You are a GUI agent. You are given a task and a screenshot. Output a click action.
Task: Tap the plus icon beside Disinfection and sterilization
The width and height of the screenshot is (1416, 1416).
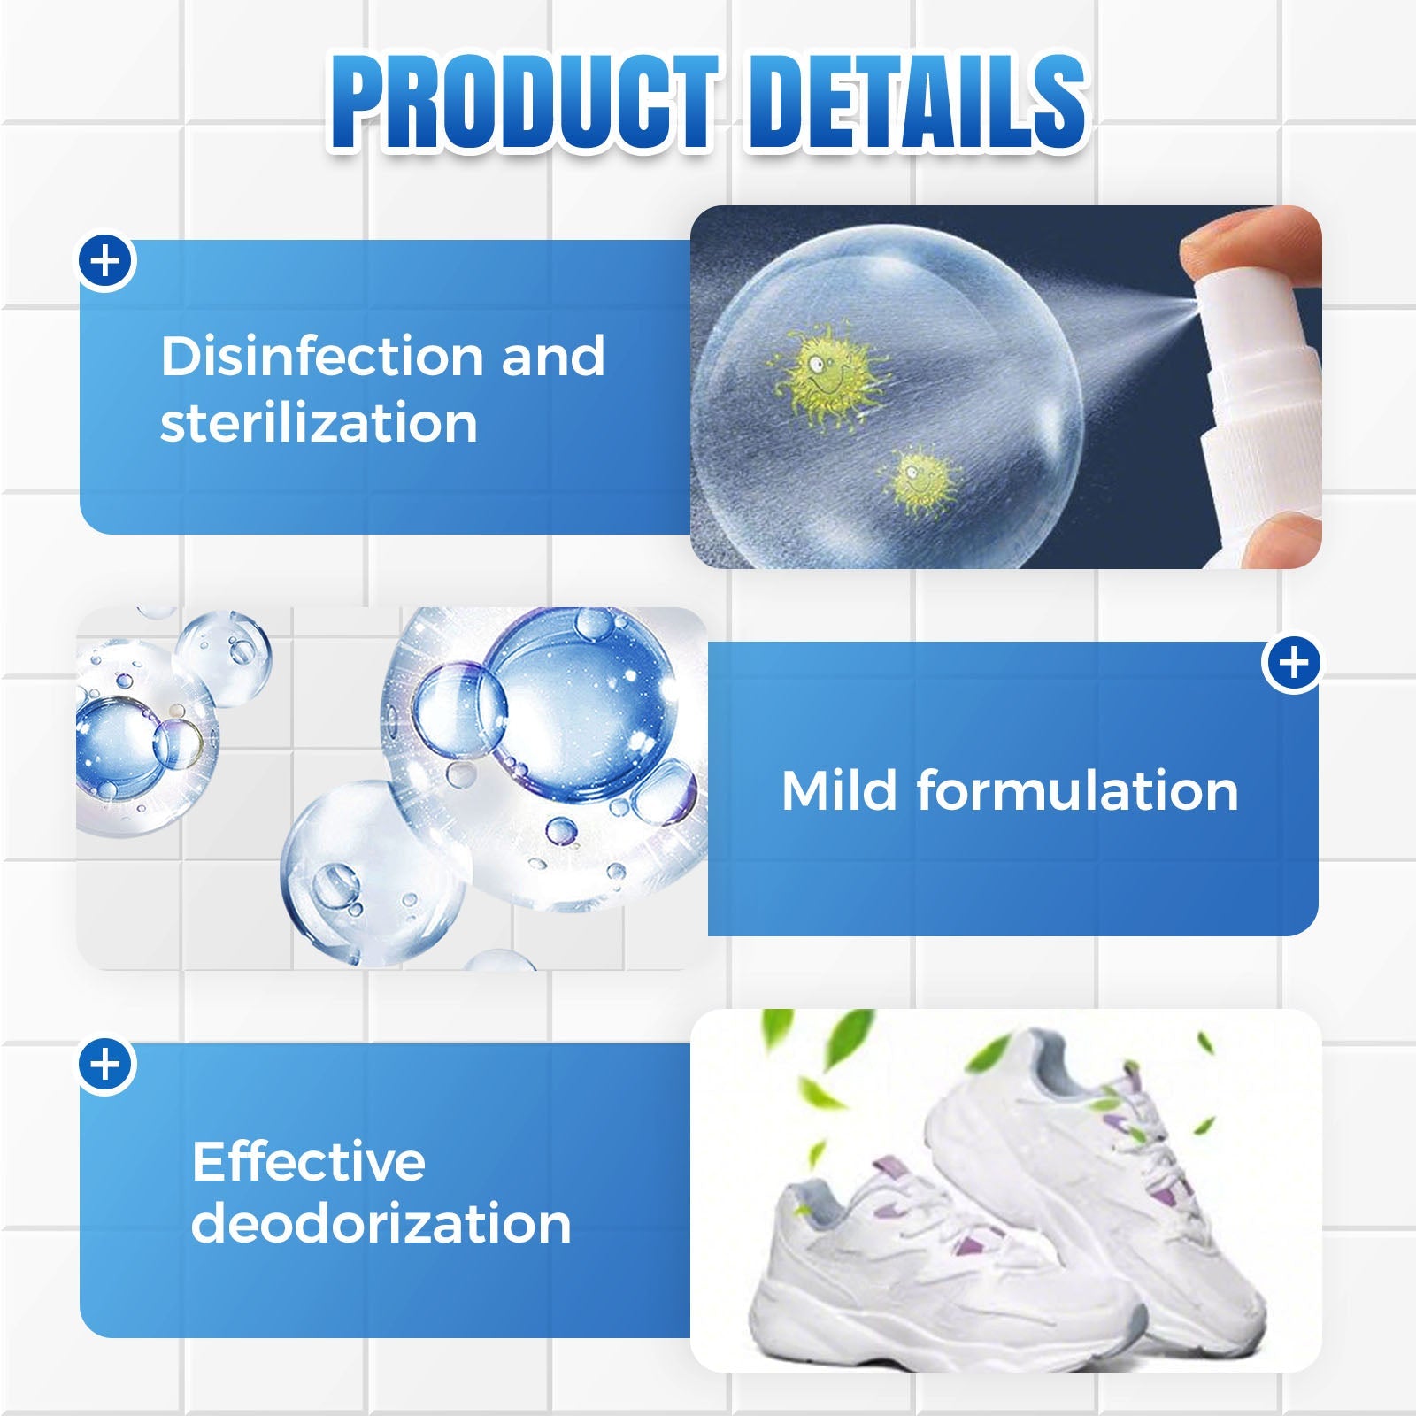(106, 262)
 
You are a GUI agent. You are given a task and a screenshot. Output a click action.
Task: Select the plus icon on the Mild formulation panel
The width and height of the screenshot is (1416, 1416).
(1293, 663)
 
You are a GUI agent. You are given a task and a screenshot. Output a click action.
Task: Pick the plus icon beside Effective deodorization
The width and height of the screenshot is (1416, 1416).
(106, 1065)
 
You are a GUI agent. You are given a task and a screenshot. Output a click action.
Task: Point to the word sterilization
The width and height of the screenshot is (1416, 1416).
(319, 422)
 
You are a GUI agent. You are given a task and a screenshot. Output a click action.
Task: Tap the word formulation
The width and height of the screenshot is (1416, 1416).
(1077, 789)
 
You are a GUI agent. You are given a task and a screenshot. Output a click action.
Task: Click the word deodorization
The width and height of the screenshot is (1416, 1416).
(381, 1223)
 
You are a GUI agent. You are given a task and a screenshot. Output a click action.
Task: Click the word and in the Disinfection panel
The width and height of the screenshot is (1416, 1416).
(553, 356)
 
